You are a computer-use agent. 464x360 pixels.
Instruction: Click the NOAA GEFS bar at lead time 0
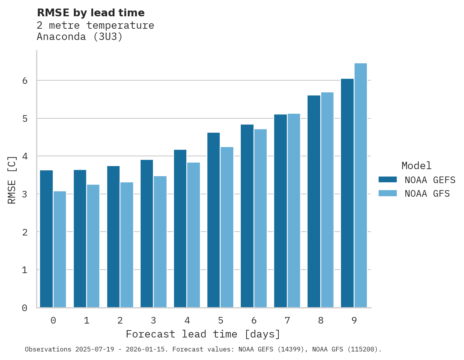click(x=46, y=239)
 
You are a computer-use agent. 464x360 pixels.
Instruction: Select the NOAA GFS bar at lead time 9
click(x=360, y=185)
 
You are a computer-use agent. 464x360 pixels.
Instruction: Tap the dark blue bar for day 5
click(x=214, y=220)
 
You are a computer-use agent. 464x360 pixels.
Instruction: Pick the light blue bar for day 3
click(x=160, y=242)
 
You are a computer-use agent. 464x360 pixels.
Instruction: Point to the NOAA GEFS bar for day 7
click(x=280, y=211)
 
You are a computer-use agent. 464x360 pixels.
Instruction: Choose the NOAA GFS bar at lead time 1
click(x=93, y=246)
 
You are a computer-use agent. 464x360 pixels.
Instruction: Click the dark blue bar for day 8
click(x=314, y=201)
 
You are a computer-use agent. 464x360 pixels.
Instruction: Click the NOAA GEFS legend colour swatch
click(x=388, y=179)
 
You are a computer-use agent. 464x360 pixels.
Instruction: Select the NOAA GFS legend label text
click(x=427, y=194)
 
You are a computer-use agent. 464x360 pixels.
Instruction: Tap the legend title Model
click(x=416, y=166)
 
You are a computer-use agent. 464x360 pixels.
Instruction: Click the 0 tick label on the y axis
click(x=24, y=308)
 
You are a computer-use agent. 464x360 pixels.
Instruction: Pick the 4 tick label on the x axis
click(x=187, y=320)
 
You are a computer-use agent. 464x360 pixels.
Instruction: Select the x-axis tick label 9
click(x=354, y=320)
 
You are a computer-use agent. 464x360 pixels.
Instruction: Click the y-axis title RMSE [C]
click(x=12, y=180)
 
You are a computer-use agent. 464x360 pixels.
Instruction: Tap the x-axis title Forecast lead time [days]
click(x=203, y=334)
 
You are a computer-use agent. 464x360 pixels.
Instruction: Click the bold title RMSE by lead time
click(x=90, y=13)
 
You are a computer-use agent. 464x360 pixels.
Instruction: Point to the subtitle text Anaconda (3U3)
click(x=80, y=37)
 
